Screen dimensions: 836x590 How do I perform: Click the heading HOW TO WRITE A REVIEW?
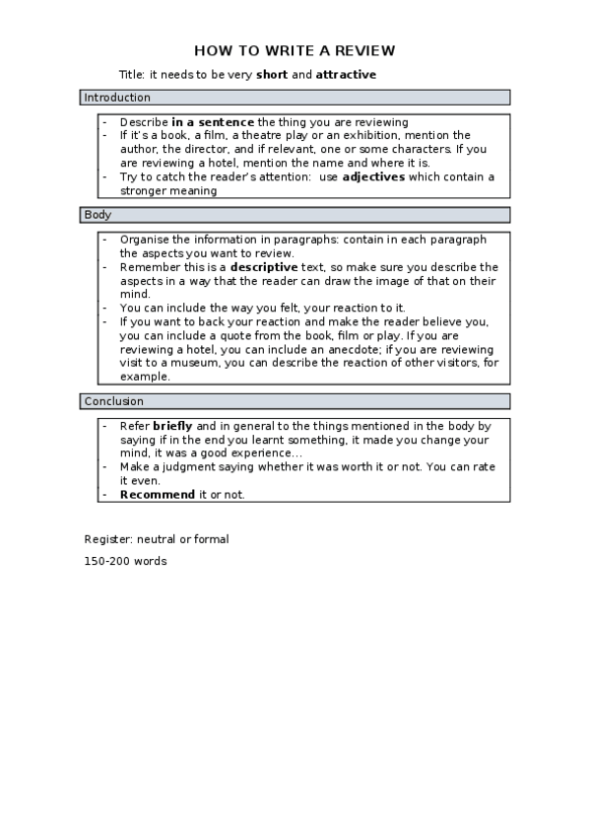(x=295, y=50)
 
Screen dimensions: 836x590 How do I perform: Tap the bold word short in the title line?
(x=272, y=74)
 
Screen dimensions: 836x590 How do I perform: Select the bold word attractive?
(x=346, y=74)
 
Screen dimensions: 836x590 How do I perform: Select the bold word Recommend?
(x=157, y=495)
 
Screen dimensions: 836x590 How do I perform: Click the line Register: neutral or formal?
(x=157, y=539)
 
